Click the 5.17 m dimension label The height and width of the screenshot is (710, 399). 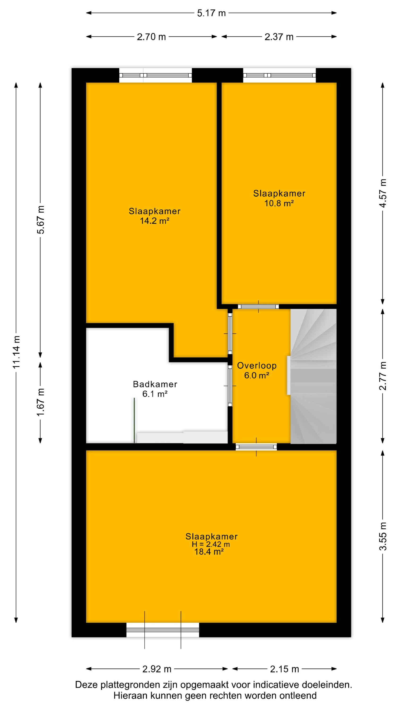[211, 13]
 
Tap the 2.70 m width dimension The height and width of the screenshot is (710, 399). [152, 37]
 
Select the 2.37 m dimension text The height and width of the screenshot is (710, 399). [279, 37]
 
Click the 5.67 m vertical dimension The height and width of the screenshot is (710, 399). [41, 220]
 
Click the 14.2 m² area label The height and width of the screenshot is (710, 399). [155, 221]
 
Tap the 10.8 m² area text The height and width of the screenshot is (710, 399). [279, 203]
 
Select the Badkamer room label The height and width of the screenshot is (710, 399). [155, 384]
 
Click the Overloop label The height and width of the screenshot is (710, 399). [257, 365]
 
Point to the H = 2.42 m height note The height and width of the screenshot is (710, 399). [211, 544]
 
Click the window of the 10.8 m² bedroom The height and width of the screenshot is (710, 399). [279, 75]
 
